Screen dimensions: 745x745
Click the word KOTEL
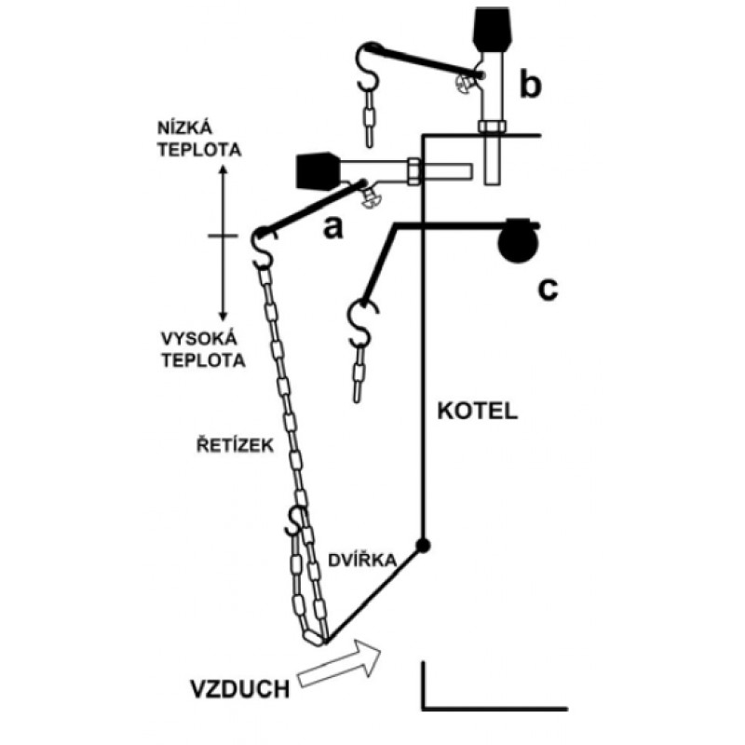tap(477, 411)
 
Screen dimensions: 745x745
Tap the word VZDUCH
tap(240, 689)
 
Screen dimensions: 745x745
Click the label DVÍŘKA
tap(362, 561)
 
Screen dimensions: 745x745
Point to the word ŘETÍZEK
tap(235, 445)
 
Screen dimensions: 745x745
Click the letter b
tap(530, 84)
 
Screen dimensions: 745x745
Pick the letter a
tap(332, 228)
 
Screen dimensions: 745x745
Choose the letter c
tap(548, 289)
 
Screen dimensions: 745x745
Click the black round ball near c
tap(518, 243)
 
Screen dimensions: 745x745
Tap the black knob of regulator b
tap(494, 29)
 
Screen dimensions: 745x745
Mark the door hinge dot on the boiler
tap(423, 546)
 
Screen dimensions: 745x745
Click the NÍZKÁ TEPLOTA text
tap(199, 139)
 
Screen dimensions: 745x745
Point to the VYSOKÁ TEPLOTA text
tap(203, 349)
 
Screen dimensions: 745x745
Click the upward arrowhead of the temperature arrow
tap(223, 170)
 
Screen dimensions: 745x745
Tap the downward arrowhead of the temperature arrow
tap(223, 316)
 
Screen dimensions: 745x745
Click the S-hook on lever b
tap(366, 66)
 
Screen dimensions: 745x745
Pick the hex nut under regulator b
tap(493, 127)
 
